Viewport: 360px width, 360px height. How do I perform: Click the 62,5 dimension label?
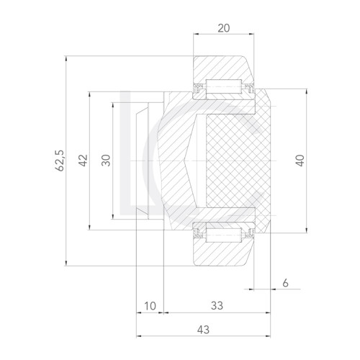(60, 160)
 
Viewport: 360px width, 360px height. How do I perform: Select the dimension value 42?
(84, 160)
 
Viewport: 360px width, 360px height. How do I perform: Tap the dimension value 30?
(106, 160)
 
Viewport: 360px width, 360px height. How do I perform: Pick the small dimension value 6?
(286, 284)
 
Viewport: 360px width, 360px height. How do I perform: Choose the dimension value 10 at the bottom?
(150, 306)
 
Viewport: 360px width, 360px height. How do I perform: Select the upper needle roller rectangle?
(223, 88)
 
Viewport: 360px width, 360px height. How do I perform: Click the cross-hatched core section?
(238, 160)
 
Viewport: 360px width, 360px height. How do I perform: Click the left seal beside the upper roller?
(198, 88)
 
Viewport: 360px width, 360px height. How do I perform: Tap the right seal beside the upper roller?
(249, 88)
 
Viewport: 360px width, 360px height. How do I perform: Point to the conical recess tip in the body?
(185, 160)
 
